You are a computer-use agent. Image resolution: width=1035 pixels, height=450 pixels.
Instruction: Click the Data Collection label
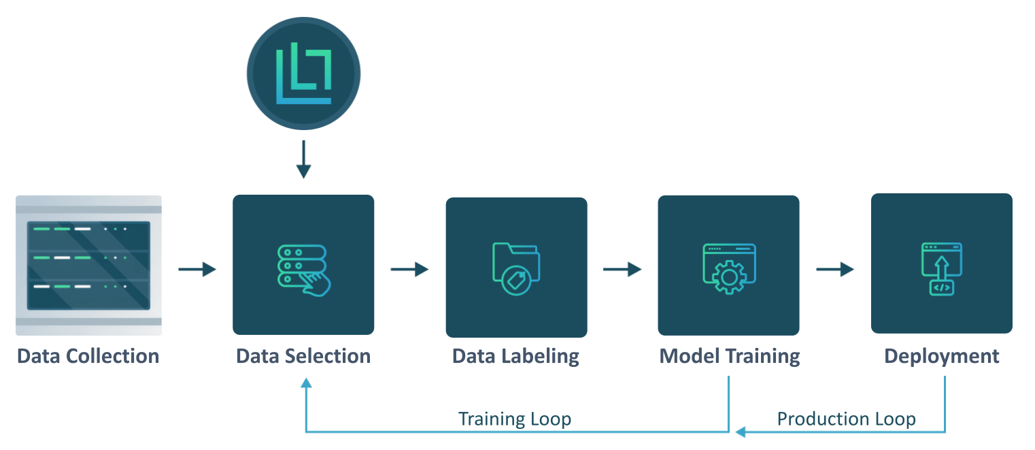click(x=88, y=356)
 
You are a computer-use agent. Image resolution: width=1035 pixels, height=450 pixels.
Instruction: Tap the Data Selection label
click(x=303, y=356)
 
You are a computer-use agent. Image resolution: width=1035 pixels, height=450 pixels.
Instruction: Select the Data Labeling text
click(x=515, y=356)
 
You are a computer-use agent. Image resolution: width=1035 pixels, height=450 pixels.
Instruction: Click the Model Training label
click(x=729, y=356)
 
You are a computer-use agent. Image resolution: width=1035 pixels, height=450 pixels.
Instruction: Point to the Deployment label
click(x=942, y=356)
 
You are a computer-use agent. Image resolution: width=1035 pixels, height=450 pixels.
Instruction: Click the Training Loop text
click(x=515, y=419)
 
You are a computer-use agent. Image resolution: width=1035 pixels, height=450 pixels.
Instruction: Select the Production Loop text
click(x=846, y=419)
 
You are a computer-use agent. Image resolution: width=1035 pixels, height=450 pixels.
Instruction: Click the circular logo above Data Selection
click(x=303, y=74)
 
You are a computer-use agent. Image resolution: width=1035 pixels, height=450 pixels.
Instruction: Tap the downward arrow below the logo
click(x=303, y=159)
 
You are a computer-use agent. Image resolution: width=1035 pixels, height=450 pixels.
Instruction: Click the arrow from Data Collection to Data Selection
click(x=197, y=270)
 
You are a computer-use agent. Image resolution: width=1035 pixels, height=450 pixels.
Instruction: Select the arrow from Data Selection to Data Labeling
click(x=409, y=270)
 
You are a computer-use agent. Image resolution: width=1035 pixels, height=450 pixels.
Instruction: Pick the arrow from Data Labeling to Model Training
click(x=622, y=270)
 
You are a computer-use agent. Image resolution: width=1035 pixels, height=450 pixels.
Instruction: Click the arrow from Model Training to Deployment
click(x=835, y=270)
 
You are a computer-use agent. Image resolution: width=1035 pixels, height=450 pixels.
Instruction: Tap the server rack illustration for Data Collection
click(x=88, y=265)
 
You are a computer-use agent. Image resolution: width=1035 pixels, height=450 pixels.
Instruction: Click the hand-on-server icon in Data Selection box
click(x=303, y=269)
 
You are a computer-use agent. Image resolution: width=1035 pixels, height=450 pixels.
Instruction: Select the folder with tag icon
click(x=515, y=268)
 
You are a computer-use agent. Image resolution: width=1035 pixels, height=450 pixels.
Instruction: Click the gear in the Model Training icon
click(x=728, y=277)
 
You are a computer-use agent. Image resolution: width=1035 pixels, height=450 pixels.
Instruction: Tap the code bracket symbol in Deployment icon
click(x=942, y=287)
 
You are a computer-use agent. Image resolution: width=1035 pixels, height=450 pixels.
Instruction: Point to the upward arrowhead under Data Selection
click(x=306, y=384)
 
